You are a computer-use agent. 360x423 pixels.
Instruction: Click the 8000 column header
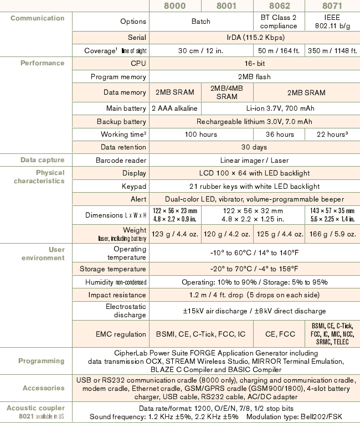pyautogui.click(x=174, y=6)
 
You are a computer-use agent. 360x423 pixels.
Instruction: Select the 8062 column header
pyautogui.click(x=279, y=6)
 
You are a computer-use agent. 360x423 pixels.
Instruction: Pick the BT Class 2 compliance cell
pyautogui.click(x=279, y=22)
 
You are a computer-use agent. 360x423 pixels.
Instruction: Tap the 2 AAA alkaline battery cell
pyautogui.click(x=174, y=108)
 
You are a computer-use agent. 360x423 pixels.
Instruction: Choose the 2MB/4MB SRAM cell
pyautogui.click(x=226, y=92)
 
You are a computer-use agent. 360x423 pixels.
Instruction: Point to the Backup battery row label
pyautogui.click(x=121, y=121)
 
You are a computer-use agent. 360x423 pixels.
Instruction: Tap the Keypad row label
pyautogui.click(x=134, y=187)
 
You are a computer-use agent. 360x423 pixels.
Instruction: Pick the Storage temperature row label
pyautogui.click(x=113, y=269)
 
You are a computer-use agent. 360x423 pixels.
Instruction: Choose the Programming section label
pyautogui.click(x=41, y=361)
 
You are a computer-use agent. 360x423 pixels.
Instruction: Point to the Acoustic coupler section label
pyautogui.click(x=36, y=408)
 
